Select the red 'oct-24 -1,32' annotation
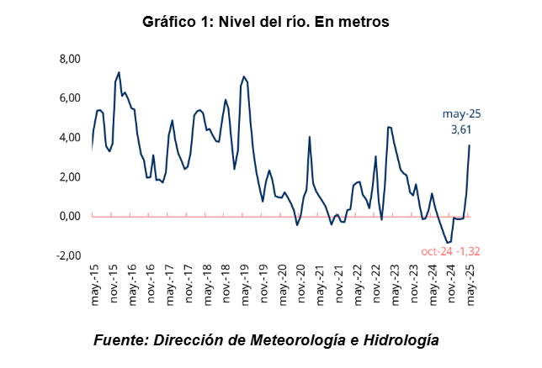(450, 251)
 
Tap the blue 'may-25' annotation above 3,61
(462, 114)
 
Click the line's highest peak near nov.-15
(119, 72)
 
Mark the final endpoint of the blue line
(470, 145)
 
